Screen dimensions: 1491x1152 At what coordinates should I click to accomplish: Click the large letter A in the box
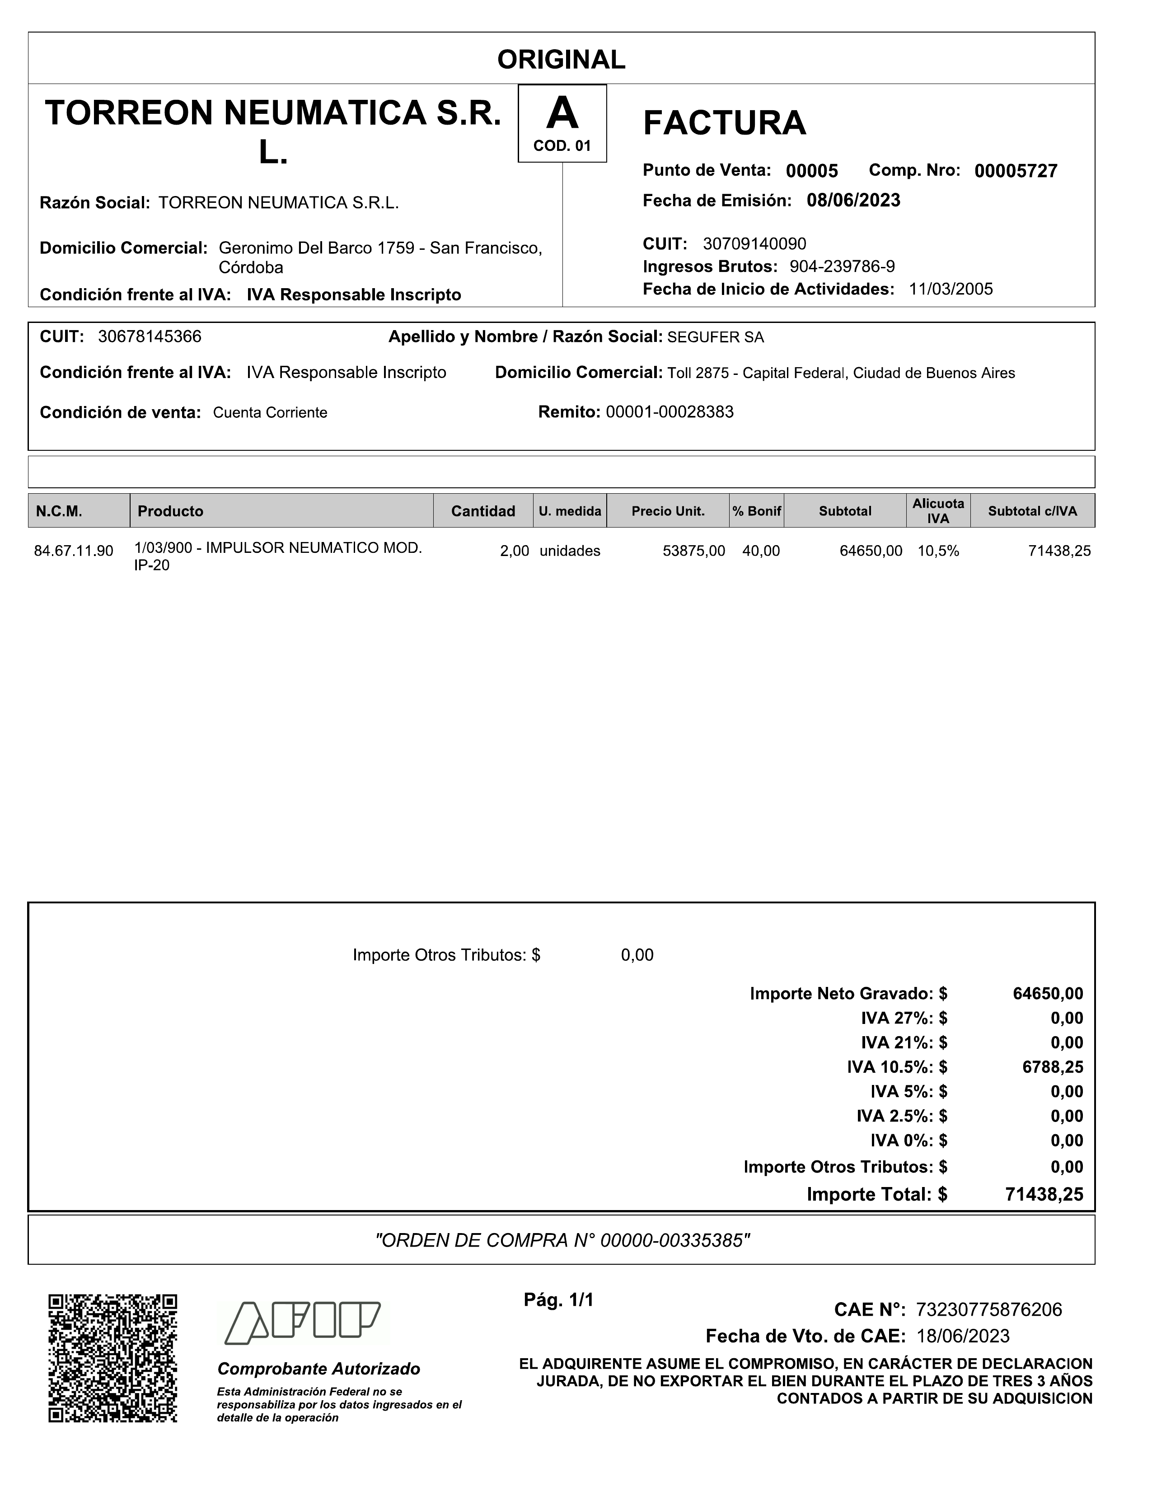click(x=562, y=113)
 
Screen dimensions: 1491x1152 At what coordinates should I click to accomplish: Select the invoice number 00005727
click(x=1016, y=171)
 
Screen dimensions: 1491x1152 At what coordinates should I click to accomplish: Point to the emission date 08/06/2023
click(x=853, y=201)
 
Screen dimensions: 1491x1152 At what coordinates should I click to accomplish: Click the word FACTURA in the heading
click(x=725, y=124)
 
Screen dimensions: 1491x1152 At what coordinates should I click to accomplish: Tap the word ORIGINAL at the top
click(x=562, y=60)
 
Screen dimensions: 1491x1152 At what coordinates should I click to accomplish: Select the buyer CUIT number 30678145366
click(x=150, y=337)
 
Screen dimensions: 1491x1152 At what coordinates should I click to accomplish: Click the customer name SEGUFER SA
click(x=716, y=337)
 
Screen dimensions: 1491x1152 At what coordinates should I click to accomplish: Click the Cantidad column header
click(x=483, y=511)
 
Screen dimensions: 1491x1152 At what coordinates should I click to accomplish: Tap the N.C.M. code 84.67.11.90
click(x=74, y=551)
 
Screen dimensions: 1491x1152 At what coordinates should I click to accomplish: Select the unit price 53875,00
click(x=694, y=551)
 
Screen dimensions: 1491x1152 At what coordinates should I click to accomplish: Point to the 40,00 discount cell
click(x=761, y=551)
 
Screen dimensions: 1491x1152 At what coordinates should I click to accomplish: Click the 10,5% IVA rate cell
click(x=937, y=551)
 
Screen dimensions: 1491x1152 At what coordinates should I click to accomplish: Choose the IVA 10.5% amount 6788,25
click(x=1052, y=1067)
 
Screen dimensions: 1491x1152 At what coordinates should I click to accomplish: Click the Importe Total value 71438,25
click(x=1044, y=1194)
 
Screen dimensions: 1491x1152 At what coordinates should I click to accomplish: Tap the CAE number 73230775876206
click(x=989, y=1309)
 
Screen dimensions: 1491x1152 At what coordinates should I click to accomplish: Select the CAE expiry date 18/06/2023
click(x=963, y=1336)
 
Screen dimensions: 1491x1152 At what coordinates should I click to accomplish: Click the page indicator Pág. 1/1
click(x=558, y=1300)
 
